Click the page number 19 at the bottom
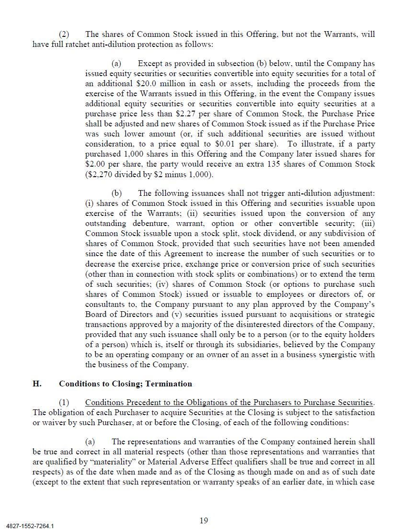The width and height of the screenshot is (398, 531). point(204,520)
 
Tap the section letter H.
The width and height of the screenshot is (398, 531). point(37,384)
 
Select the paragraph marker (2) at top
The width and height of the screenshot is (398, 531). point(64,34)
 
